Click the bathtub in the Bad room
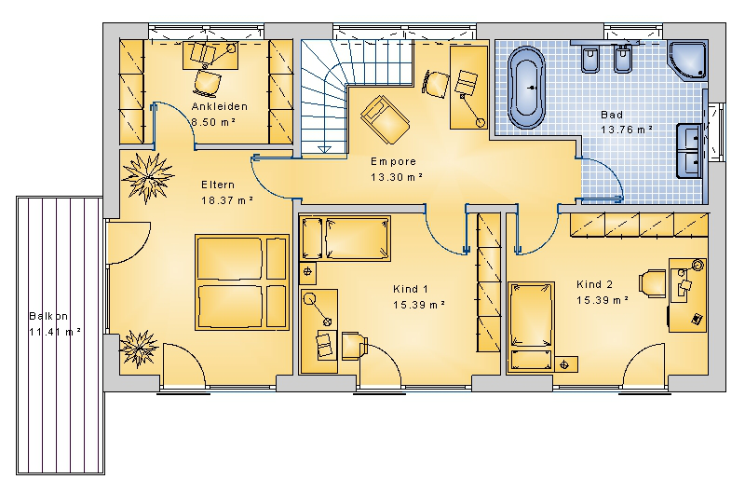pos(526,88)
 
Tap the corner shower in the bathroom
pos(688,60)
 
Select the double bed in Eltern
pos(242,282)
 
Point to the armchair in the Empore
pos(385,119)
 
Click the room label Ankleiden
pos(220,106)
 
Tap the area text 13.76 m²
pos(626,130)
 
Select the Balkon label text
pos(48,316)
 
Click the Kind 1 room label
pos(411,289)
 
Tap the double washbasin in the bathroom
pos(689,150)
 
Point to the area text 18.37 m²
pos(227,200)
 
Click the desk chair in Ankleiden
pos(207,83)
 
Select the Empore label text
pos(393,161)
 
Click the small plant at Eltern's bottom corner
pos(138,349)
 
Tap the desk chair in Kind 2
pos(653,283)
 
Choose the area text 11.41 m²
pos(55,332)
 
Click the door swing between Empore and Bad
pos(602,180)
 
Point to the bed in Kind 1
pos(345,239)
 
